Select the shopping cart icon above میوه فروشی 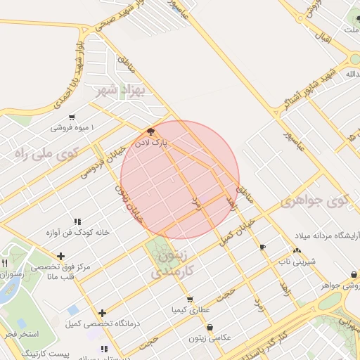point(72,117)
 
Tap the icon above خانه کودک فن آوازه point(77,221)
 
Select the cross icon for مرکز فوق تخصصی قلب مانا point(62,256)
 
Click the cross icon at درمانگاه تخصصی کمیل point(103,313)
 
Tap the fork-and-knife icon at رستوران point(5,264)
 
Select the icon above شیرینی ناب point(297,250)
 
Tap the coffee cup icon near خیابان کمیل point(263,247)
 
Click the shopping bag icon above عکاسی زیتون point(210,327)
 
